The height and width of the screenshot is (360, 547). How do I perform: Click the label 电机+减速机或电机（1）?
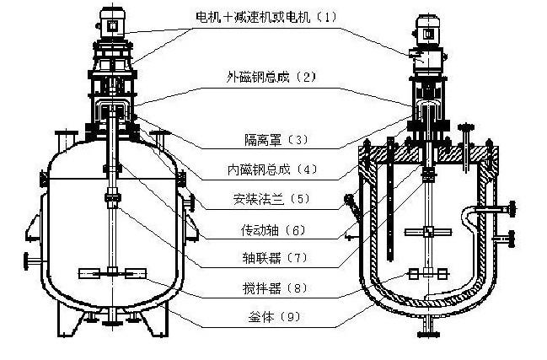coord(265,17)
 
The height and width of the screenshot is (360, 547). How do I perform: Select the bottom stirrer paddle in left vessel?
coord(113,272)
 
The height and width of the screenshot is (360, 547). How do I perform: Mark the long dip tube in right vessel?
coord(390,202)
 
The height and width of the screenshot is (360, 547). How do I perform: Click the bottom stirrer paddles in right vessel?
coord(428,273)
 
